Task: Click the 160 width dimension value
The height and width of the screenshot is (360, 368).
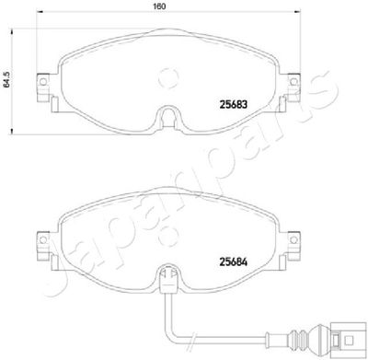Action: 159,6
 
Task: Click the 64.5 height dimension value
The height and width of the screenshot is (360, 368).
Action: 6,80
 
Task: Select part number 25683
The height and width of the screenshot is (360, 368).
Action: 234,104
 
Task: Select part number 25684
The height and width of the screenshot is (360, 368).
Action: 234,261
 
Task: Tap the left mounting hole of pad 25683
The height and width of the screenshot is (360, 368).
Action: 43,82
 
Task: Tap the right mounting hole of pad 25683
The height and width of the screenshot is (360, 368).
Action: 293,82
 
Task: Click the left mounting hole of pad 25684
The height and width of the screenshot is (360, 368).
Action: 43,239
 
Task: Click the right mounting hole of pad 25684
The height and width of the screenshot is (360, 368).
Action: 293,239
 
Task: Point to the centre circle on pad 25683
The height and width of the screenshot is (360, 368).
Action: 168,77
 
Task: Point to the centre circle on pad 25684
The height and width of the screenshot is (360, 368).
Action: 168,236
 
